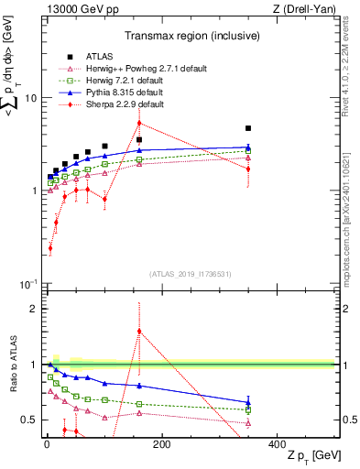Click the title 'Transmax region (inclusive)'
[188, 36]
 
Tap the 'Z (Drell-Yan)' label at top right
[303, 9]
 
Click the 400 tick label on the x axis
[278, 443]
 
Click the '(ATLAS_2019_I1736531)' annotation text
[188, 274]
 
